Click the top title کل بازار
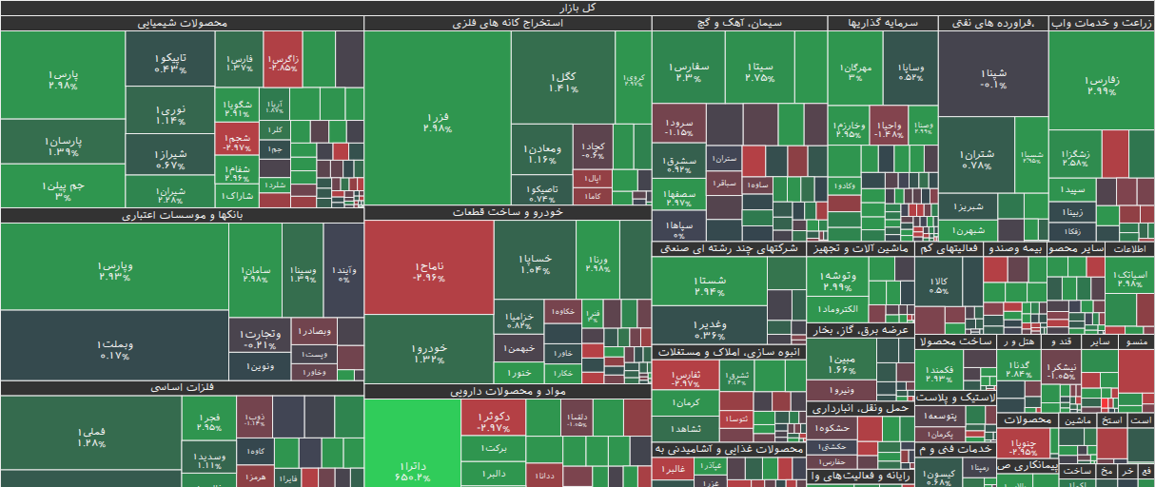577,8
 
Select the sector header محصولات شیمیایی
181,23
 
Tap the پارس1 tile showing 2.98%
63,79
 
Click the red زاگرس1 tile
284,63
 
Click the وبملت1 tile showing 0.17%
114,349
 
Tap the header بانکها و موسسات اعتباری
181,215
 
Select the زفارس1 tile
1102,86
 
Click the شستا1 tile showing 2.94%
710,284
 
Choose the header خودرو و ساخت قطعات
507,213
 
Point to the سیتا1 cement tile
759,71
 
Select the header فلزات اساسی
181,388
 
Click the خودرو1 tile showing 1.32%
429,353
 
